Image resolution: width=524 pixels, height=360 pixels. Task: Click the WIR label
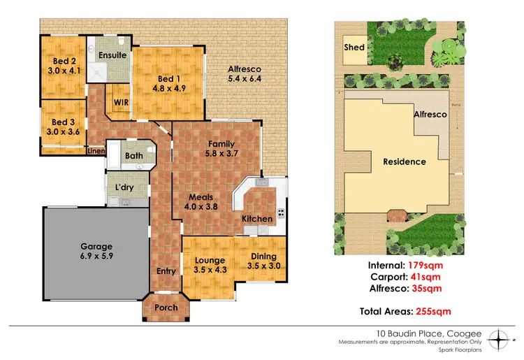119,102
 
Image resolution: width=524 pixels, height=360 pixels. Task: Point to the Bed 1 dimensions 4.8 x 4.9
170,89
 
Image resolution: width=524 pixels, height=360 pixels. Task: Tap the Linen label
95,150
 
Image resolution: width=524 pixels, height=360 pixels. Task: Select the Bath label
133,156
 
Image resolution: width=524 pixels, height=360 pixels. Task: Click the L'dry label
125,188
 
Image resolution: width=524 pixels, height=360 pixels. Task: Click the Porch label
166,307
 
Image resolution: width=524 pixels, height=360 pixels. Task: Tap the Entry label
165,271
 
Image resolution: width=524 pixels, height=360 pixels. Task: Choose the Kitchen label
257,219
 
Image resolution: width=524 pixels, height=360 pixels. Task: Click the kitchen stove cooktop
282,213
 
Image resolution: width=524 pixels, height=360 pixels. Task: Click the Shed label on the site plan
354,48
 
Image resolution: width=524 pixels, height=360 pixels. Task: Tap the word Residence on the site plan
405,161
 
